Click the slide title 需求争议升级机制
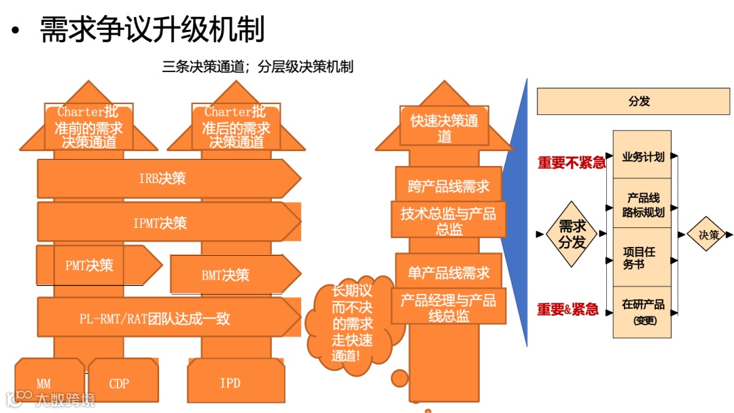152,29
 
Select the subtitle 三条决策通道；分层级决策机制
258,67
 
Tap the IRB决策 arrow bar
163,179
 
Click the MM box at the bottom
43,384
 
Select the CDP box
119,384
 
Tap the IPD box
230,384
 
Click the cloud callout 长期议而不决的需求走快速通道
352,325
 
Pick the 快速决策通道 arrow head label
444,128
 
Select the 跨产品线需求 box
449,186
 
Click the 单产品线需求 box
449,274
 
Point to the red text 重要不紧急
571,163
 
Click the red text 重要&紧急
567,310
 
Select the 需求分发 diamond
572,234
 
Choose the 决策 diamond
709,235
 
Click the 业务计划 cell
642,156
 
